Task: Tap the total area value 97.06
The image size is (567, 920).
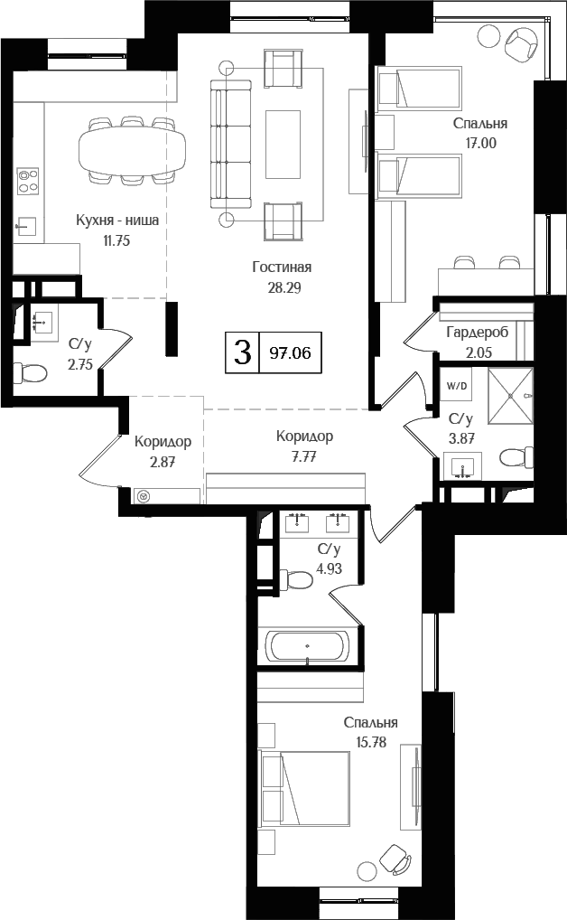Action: point(290,352)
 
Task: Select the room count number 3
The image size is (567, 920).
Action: point(241,352)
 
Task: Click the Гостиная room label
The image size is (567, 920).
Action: point(282,267)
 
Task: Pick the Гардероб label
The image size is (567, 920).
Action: point(477,333)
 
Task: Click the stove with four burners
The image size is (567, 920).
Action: point(28,182)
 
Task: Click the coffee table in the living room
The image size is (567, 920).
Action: point(283,136)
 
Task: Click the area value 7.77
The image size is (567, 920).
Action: point(303,458)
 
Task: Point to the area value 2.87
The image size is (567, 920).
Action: point(163,462)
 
